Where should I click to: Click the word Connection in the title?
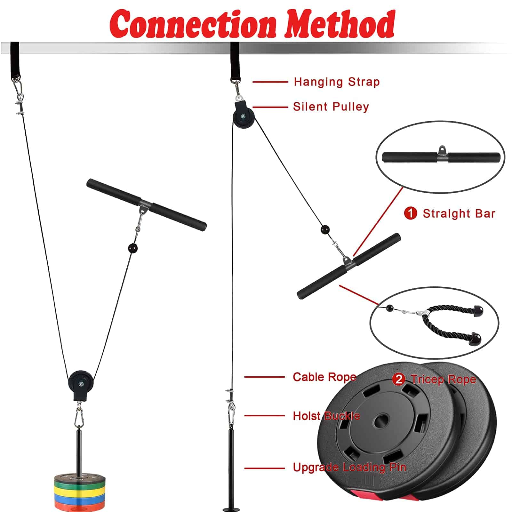[193, 24]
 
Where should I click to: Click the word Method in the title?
[340, 24]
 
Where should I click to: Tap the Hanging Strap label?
[337, 82]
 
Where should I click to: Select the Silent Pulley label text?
[331, 107]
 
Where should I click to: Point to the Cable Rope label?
[324, 377]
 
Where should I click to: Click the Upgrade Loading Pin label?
[349, 468]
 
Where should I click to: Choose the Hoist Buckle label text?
[326, 416]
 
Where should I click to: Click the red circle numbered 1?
[411, 213]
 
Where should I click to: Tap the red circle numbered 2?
[398, 380]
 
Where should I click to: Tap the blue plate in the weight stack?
[80, 496]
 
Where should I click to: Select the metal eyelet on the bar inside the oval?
[442, 149]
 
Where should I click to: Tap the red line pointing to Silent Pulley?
[270, 107]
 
